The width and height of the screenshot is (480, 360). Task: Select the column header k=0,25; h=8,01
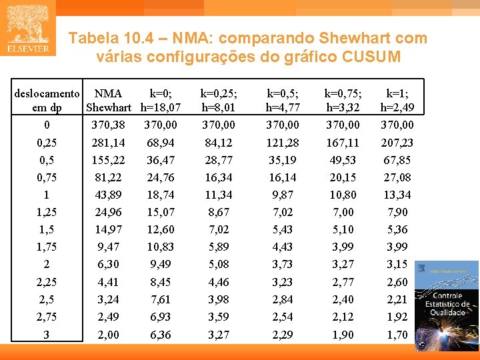click(x=219, y=101)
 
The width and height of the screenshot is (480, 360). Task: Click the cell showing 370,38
click(x=109, y=125)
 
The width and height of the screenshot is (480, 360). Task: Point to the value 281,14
click(x=109, y=143)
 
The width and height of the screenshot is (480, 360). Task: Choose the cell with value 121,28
click(x=283, y=143)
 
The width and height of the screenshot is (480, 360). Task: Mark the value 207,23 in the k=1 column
click(x=397, y=143)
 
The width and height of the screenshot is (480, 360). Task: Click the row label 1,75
click(x=46, y=247)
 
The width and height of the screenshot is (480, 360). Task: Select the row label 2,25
click(x=46, y=282)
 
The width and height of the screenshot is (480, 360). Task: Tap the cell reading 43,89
click(x=109, y=195)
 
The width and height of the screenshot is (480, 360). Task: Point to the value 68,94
click(x=161, y=143)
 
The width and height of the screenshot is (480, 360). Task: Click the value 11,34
click(x=219, y=195)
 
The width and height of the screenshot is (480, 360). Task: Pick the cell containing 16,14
click(x=283, y=177)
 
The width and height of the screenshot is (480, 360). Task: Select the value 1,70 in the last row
click(x=397, y=334)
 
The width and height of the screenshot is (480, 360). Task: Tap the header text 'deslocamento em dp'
click(x=47, y=101)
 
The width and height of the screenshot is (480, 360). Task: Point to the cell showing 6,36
click(x=161, y=334)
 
